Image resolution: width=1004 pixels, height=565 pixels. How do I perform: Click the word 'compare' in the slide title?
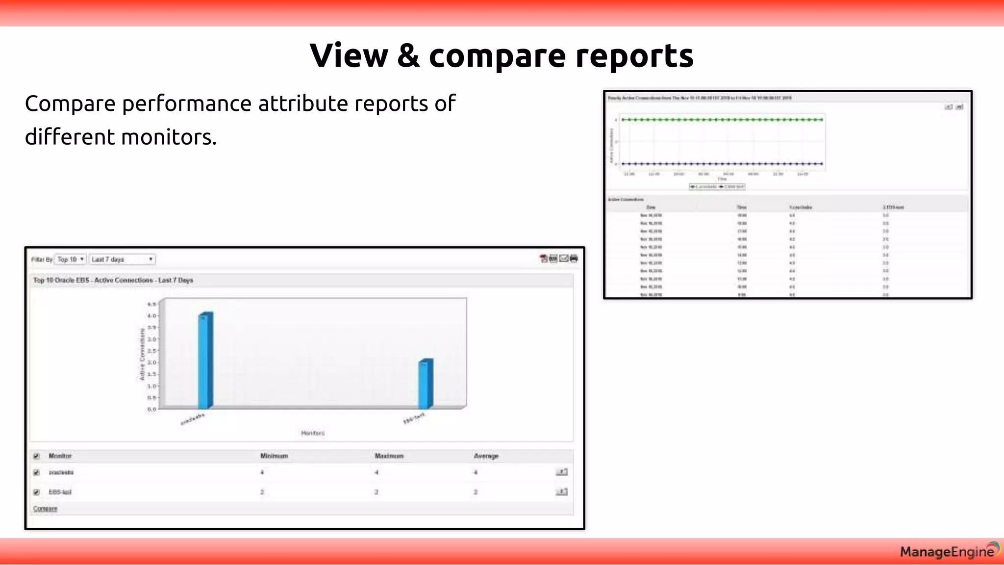pos(497,56)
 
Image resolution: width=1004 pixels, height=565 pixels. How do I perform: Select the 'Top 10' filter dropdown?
pos(71,259)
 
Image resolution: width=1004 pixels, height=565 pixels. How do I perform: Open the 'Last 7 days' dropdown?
pos(122,259)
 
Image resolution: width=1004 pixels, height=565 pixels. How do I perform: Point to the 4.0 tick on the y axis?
pos(152,316)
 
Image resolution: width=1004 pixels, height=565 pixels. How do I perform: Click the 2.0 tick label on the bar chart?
pos(152,362)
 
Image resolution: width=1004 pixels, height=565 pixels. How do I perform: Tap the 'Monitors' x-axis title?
pos(313,433)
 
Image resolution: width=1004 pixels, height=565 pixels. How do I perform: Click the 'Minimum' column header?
pos(274,456)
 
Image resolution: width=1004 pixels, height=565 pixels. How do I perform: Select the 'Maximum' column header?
pos(389,456)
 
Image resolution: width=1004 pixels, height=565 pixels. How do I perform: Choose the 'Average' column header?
pos(486,456)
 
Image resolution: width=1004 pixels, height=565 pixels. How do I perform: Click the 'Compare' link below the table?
pos(45,509)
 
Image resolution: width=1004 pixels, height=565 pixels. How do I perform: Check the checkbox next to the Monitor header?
pos(36,456)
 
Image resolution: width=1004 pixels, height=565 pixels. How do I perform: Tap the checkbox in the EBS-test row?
pos(36,492)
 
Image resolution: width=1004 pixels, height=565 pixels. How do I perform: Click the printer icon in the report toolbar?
pos(574,258)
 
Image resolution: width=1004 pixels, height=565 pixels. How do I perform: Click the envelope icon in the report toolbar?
pos(564,258)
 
